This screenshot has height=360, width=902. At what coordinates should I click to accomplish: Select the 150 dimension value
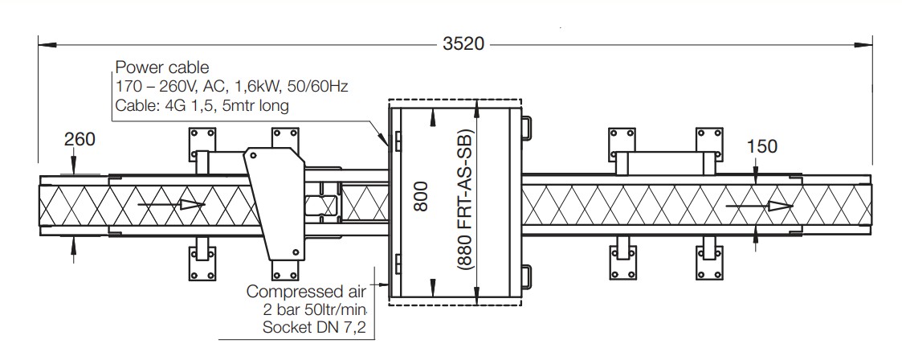[x=762, y=146]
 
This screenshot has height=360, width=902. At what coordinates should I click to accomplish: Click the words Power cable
[x=152, y=67]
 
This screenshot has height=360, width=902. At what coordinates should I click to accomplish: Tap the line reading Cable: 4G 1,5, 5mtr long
[x=202, y=105]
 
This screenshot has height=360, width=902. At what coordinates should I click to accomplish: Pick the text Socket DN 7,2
[x=314, y=326]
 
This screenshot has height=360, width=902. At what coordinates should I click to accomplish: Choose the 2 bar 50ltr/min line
[x=315, y=309]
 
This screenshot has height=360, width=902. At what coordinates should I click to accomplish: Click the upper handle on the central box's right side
[x=526, y=127]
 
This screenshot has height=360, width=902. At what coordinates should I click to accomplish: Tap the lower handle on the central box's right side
[x=526, y=276]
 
